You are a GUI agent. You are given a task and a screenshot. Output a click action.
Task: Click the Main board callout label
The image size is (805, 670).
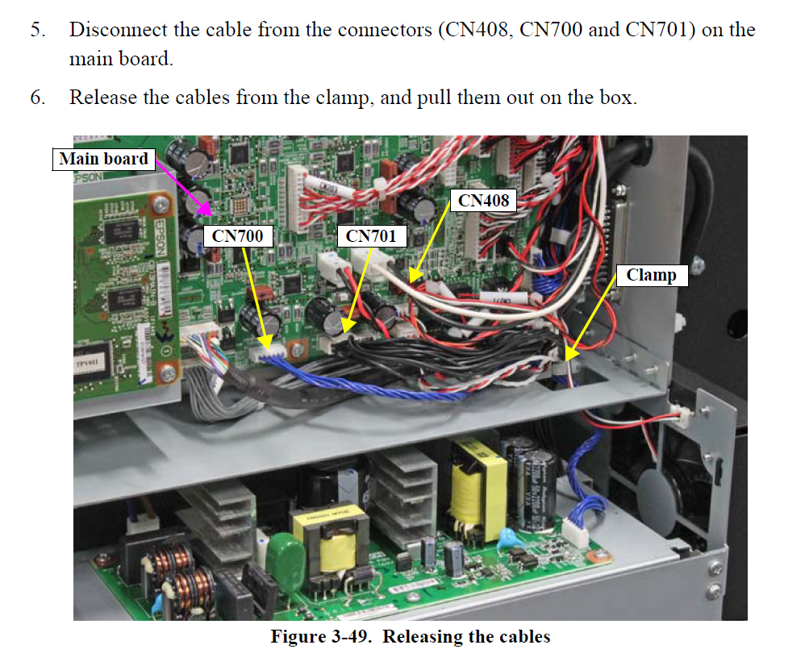point(104,159)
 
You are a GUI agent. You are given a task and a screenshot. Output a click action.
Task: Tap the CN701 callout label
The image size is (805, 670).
point(371,236)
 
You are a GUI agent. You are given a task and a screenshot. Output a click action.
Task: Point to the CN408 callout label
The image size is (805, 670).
point(484,200)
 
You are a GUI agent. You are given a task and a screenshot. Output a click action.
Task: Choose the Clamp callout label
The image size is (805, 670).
point(651,275)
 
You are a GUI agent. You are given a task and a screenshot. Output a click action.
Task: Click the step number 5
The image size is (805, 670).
point(38,31)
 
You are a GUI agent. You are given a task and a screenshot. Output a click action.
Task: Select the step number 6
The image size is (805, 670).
point(38,98)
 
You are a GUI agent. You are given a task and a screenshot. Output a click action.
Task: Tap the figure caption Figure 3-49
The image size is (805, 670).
point(410,636)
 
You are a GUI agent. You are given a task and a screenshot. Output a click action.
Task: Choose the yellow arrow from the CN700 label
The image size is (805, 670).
point(257,298)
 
